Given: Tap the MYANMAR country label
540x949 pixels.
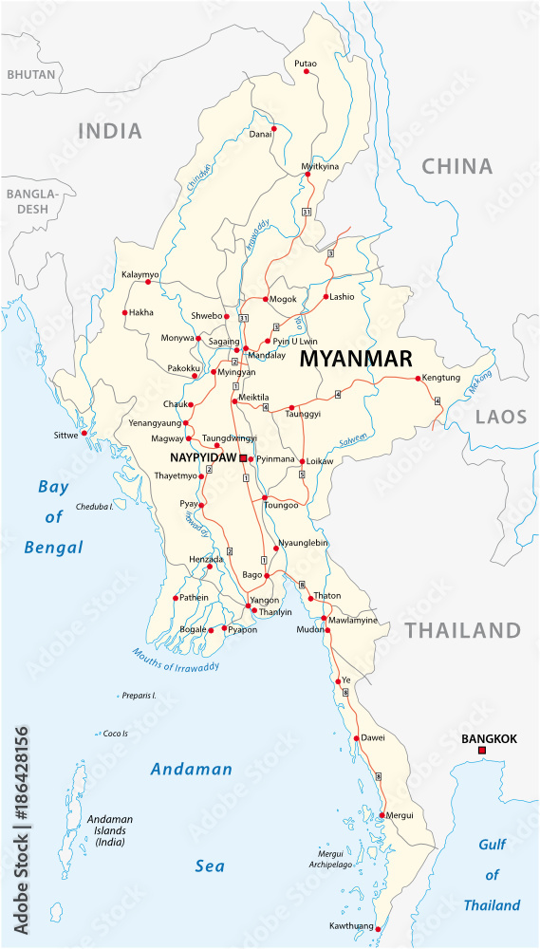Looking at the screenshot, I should coord(356,359).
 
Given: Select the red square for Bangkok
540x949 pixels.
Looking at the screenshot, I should coord(482,752).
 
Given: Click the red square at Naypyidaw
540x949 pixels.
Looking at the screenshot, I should coord(243,458).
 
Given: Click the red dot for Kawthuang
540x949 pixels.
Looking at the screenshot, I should coord(377,927).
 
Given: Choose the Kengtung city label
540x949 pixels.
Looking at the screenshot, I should coord(440,378).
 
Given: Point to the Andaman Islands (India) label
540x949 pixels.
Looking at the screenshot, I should coord(110,830).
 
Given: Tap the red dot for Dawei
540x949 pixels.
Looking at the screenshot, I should coord(356,738).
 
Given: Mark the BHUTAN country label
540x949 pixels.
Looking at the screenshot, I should coord(29,74).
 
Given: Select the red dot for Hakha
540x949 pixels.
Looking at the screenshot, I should coord(124,312).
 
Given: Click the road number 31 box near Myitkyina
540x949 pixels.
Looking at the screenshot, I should coord(306,211).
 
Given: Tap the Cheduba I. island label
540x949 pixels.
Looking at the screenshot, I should coord(95,507).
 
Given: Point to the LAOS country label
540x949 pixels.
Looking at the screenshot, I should coord(500,417).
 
